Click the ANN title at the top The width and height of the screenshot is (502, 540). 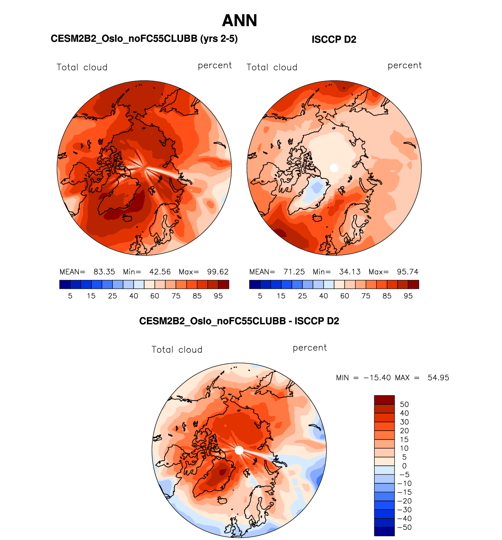pos(239,21)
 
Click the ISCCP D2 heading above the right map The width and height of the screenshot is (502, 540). pos(334,39)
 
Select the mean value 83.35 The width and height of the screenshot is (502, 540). pos(104,272)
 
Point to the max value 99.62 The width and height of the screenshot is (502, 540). pos(218,272)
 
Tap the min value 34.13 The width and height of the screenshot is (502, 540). pos(350,272)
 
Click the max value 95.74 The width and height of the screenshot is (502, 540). pos(407,272)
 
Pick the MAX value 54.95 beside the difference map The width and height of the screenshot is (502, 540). pos(438,378)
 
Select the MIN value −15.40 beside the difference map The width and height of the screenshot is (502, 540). pos(377,378)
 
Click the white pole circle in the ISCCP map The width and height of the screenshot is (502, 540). pos(334,168)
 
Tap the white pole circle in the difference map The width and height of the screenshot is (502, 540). pos(239,450)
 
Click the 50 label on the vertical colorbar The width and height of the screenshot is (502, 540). pos(404,404)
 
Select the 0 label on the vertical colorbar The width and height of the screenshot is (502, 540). pos(404,466)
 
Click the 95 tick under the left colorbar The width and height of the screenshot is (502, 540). pos(218,296)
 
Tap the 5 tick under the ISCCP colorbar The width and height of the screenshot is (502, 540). pos(260,296)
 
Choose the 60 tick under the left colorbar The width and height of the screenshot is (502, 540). pos(155,296)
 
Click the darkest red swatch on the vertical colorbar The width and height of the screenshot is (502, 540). pos(384,400)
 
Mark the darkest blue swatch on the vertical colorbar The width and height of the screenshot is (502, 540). pos(384,531)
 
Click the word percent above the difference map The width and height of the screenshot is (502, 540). pos(309,348)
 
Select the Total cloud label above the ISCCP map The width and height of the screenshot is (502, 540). pos(272,67)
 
